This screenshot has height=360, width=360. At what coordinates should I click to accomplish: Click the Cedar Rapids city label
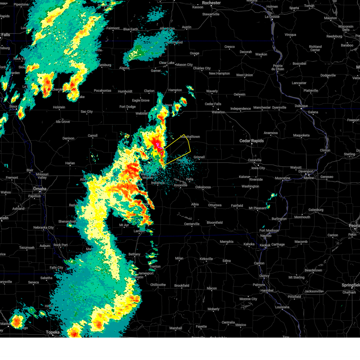[251, 141]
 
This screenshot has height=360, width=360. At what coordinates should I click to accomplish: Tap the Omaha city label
[40, 189]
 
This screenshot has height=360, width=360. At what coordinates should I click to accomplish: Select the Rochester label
[211, 3]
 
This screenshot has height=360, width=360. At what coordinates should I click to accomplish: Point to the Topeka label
[52, 332]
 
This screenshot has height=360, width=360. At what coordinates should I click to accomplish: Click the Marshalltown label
[190, 137]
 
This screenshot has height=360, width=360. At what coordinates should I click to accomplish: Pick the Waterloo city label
[218, 112]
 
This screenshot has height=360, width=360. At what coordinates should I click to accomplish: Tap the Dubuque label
[301, 106]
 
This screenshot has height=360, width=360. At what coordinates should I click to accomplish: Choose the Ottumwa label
[215, 205]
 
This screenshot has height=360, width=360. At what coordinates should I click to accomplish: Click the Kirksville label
[206, 259]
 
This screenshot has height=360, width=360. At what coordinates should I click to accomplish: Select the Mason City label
[184, 64]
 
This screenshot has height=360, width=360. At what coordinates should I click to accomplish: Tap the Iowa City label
[258, 168]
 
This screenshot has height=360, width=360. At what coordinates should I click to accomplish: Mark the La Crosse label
[272, 17]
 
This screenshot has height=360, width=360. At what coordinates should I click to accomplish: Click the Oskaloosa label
[203, 187]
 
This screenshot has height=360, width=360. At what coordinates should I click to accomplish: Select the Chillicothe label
[158, 285]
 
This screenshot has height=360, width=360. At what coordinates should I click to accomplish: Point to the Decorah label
[246, 52]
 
